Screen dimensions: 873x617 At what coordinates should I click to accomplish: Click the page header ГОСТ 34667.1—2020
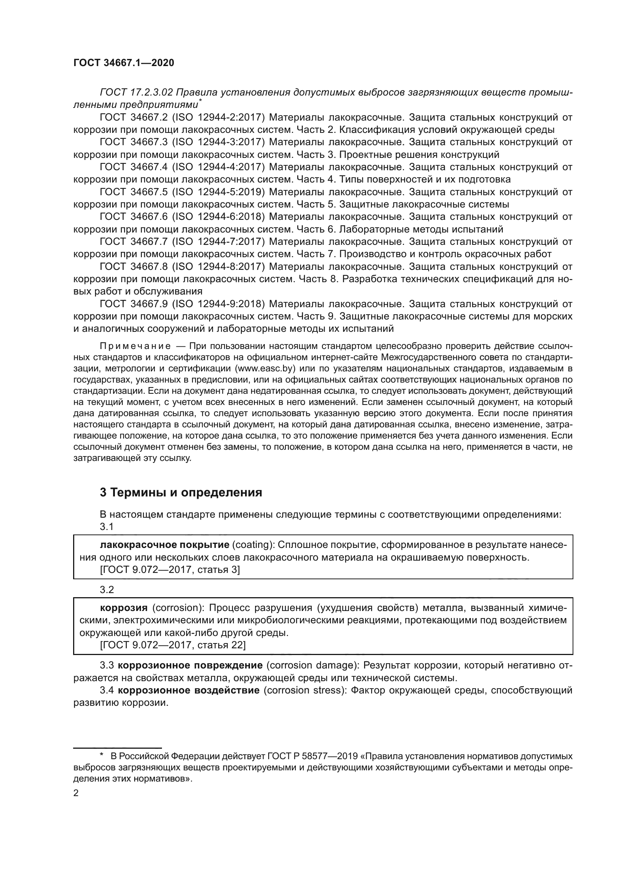click(123, 63)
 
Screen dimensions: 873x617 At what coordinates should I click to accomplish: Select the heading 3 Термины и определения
click(181, 492)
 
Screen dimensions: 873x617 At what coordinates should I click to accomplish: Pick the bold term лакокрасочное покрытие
click(165, 545)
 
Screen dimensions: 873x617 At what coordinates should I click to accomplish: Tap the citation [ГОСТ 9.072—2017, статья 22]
click(172, 645)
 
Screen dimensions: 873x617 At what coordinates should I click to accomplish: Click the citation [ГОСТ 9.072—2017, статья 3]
click(169, 570)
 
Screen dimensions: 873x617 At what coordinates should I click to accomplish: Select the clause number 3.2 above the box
click(107, 590)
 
